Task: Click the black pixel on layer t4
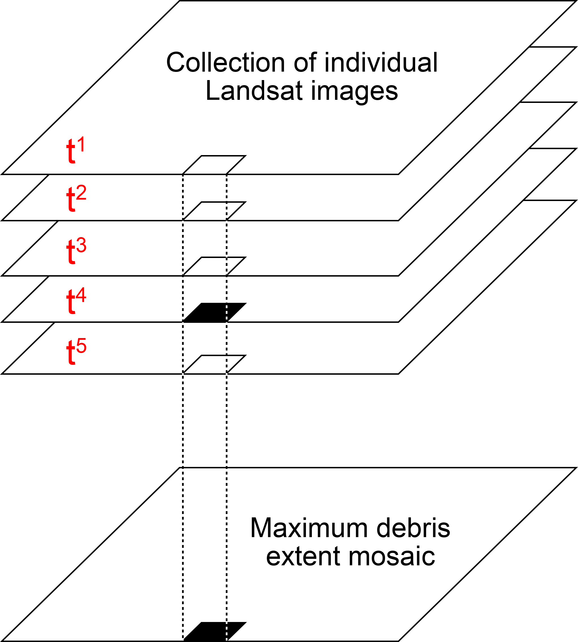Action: point(215,312)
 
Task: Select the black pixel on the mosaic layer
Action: point(215,631)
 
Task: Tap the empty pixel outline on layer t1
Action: point(215,165)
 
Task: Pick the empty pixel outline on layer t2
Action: point(215,211)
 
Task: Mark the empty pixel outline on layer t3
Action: point(215,266)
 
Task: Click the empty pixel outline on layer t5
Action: point(215,365)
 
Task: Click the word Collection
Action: point(225,63)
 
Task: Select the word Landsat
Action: point(254,91)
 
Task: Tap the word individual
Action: point(381,63)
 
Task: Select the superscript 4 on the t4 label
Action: point(81,295)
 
